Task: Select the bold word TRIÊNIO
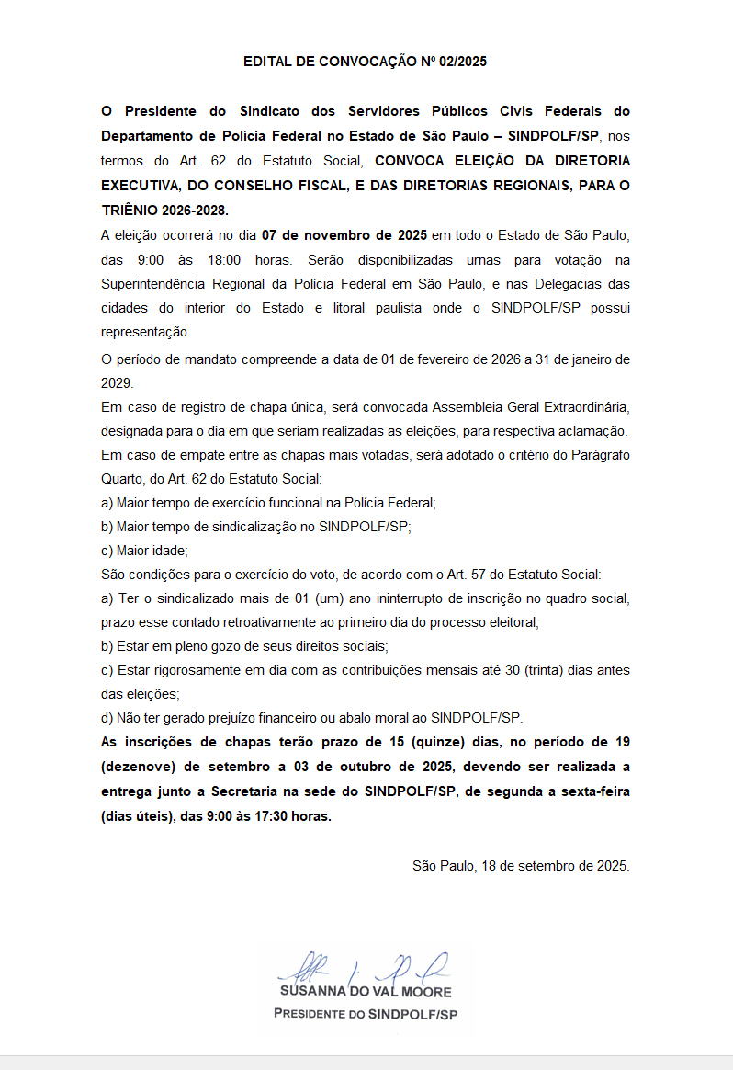coord(130,211)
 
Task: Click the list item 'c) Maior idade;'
coord(144,551)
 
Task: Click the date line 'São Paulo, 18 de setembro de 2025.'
coord(521,866)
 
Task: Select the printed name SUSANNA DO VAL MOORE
coord(366,993)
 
